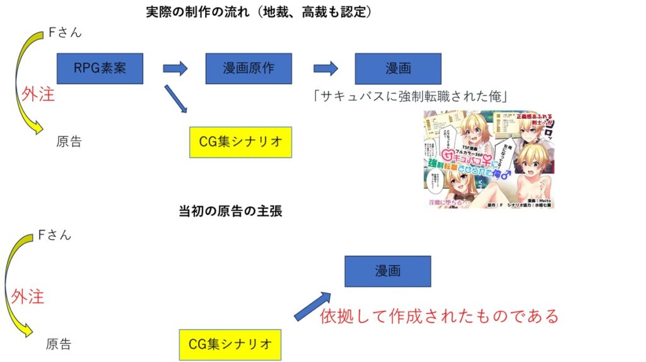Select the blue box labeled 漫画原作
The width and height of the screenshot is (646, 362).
pos(249,69)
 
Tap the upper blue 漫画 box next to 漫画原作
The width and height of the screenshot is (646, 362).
pos(397,69)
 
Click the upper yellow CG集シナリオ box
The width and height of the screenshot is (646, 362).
pos(240,142)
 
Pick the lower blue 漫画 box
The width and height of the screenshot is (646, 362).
pos(387,271)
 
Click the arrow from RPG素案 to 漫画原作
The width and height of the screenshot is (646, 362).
pos(175,69)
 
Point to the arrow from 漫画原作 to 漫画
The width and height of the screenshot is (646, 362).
pos(326,69)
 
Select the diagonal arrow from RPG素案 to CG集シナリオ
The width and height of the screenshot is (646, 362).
pos(176,99)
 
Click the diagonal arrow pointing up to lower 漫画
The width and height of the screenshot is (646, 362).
pos(313,306)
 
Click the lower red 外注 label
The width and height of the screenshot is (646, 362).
pos(27,296)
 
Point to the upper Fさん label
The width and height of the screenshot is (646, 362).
pos(65,33)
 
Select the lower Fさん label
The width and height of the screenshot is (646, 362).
pos(55,235)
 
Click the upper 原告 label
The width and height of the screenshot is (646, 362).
pos(69,142)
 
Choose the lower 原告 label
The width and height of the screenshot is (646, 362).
pos(59,344)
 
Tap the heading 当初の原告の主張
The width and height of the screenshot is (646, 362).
pos(230,212)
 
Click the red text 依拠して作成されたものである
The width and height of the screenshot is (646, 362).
pos(439,315)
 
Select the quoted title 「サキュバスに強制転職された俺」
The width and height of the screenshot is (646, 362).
pos(410,96)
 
